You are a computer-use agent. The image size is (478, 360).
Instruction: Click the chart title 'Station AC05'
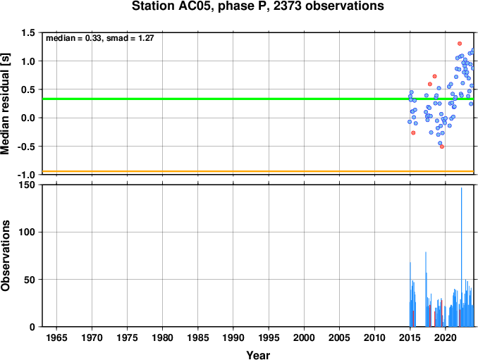pyautogui.click(x=172, y=6)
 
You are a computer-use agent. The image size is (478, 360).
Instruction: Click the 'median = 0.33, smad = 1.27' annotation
pyautogui.click(x=100, y=38)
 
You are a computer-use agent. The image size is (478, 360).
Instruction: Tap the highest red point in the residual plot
pyautogui.click(x=460, y=44)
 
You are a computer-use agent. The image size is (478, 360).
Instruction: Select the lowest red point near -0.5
pyautogui.click(x=442, y=147)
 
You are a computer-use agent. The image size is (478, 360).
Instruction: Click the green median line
pyautogui.click(x=258, y=99)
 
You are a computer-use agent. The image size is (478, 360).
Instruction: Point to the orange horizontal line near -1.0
pyautogui.click(x=258, y=171)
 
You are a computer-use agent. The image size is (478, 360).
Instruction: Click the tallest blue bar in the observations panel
pyautogui.click(x=461, y=257)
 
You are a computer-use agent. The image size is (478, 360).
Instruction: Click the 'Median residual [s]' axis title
pyautogui.click(x=6, y=104)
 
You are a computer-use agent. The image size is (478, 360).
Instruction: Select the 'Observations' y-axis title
pyautogui.click(x=6, y=256)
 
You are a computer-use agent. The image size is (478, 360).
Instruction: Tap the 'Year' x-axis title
pyautogui.click(x=258, y=355)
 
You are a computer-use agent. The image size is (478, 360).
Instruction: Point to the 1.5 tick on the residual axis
pyautogui.click(x=27, y=32)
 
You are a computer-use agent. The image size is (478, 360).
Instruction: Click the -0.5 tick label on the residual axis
pyautogui.click(x=26, y=147)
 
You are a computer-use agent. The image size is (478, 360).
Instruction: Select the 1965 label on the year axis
pyautogui.click(x=56, y=337)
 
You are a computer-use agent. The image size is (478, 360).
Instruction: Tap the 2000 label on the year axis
pyautogui.click(x=304, y=337)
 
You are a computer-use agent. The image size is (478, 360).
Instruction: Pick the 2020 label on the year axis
pyautogui.click(x=446, y=337)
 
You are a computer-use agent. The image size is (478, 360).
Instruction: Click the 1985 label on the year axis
pyautogui.click(x=198, y=337)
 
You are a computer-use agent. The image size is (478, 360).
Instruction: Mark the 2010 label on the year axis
pyautogui.click(x=374, y=337)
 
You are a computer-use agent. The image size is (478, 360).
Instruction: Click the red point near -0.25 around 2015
pyautogui.click(x=413, y=132)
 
